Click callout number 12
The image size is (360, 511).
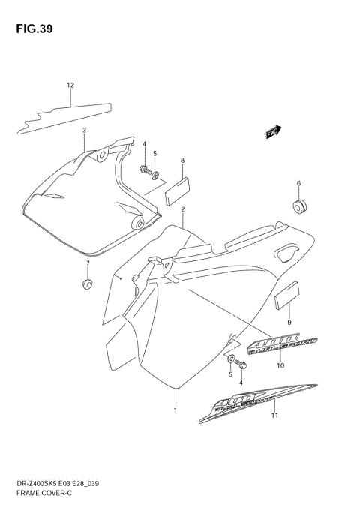(70, 85)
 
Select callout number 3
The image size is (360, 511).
(84, 131)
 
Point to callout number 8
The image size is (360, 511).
(182, 161)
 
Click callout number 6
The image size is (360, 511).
(298, 184)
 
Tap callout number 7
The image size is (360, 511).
(87, 264)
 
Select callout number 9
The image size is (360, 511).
(289, 323)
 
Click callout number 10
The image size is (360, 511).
(280, 366)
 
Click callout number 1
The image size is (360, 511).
(175, 410)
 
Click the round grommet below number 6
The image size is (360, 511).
(301, 206)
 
